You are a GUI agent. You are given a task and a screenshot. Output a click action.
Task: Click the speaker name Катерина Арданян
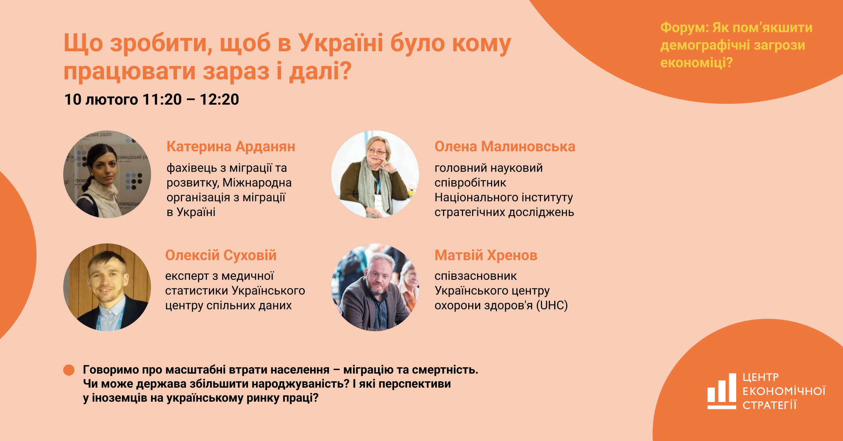231,147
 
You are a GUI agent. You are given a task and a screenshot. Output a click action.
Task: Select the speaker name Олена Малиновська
505,147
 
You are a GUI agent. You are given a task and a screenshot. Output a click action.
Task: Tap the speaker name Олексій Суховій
221,255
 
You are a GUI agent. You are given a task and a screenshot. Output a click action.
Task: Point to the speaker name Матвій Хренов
486,256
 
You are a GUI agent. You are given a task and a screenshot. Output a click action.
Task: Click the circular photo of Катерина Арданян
107,175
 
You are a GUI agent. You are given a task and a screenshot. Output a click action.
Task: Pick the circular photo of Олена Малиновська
375,175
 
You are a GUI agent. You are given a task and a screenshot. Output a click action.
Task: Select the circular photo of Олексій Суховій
107,287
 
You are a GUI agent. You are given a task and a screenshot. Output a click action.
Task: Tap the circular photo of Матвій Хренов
375,287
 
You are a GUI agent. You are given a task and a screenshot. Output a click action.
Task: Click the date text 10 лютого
101,100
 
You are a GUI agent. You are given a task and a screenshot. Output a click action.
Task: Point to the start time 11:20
162,99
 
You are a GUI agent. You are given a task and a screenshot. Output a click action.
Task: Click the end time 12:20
220,99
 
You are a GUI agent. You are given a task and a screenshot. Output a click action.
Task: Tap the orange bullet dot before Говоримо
69,370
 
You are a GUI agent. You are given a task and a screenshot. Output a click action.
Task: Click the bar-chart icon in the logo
722,391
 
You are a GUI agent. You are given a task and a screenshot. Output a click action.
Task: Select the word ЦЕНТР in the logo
761,377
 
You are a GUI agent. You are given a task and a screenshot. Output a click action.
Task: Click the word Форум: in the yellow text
685,27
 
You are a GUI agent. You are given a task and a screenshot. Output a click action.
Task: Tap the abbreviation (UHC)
552,305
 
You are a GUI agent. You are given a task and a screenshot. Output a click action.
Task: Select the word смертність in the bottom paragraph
445,370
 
